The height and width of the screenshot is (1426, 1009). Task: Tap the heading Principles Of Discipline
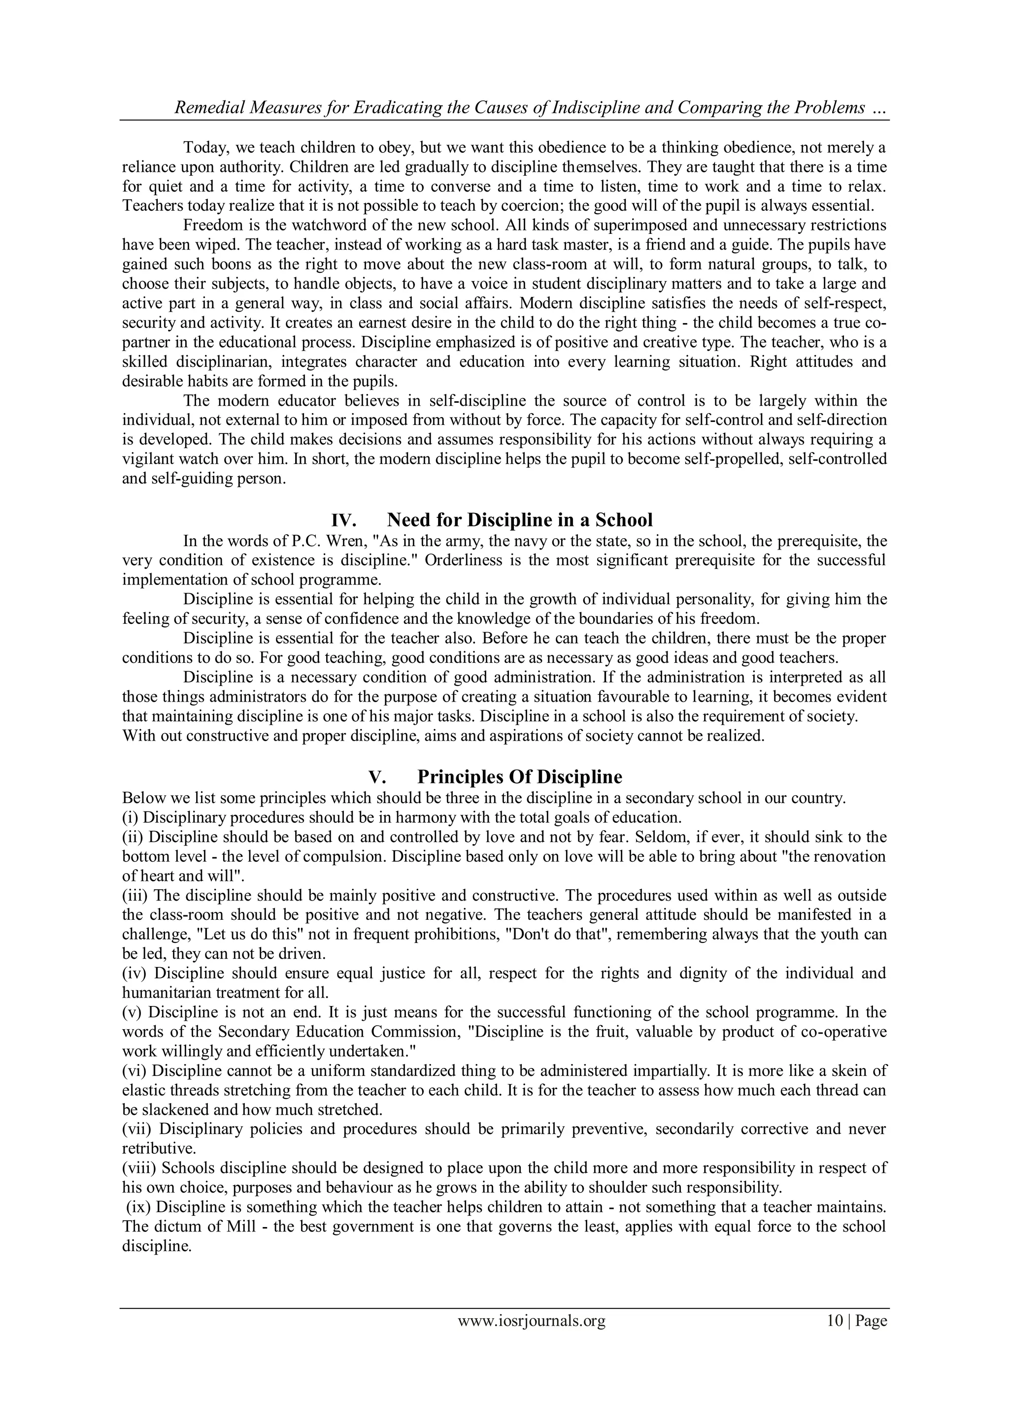[x=519, y=777]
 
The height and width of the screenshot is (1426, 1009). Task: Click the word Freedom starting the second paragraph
[x=212, y=225]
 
